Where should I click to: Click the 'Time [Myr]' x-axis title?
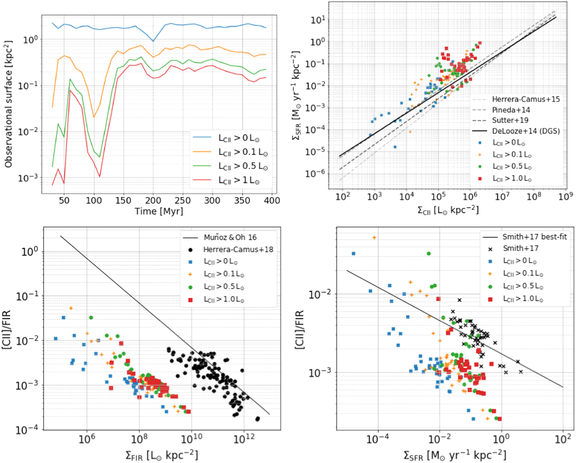[159, 211]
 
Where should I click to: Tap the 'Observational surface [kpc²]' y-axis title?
[9, 104]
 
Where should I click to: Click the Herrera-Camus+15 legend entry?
[526, 99]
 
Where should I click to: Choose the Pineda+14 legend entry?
[511, 110]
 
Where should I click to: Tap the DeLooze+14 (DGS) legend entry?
[526, 131]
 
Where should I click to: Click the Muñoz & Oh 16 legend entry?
[230, 237]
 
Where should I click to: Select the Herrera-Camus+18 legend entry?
[238, 250]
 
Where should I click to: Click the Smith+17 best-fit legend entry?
[534, 237]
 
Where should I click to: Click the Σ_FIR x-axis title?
[162, 455]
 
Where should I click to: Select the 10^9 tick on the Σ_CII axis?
[565, 197]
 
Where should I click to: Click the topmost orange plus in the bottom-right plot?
[374, 238]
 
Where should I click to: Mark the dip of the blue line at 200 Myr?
[153, 41]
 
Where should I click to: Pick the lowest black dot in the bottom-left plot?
[258, 419]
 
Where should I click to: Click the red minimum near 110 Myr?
[100, 177]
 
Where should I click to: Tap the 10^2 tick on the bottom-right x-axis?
[563, 439]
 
